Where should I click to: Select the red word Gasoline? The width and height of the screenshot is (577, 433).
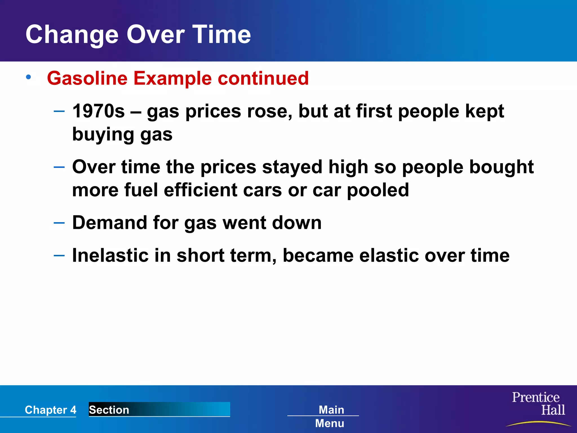coord(87,78)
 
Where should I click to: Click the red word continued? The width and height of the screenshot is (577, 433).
coord(263,78)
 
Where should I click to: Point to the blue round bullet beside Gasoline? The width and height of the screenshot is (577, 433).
coord(28,77)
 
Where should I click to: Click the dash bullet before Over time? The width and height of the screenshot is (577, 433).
coord(59,167)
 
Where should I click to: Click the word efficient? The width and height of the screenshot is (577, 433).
coord(200,190)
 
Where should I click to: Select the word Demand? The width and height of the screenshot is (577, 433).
coord(110,223)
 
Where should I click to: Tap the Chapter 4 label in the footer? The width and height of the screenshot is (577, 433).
coord(50,410)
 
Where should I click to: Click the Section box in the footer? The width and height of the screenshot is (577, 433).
coord(159,409)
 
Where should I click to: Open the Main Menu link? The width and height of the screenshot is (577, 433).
coord(330,416)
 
